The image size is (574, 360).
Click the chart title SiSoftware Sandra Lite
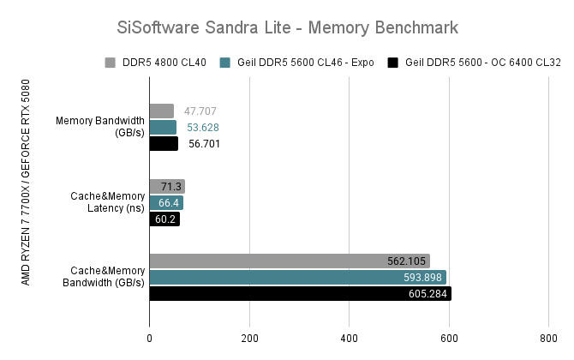click(287, 27)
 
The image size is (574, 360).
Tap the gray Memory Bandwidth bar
click(162, 111)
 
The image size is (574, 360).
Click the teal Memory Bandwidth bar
click(163, 127)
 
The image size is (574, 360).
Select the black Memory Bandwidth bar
click(164, 143)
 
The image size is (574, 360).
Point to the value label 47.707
click(200, 111)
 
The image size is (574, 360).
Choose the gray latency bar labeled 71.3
click(167, 186)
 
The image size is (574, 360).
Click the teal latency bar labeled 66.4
click(166, 202)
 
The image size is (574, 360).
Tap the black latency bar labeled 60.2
click(164, 219)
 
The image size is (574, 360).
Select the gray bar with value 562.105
click(290, 261)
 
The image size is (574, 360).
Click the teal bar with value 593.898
click(297, 278)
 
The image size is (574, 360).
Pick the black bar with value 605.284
click(300, 294)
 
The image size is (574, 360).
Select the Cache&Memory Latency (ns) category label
click(106, 202)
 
